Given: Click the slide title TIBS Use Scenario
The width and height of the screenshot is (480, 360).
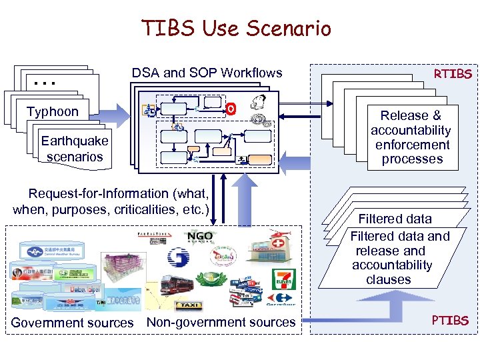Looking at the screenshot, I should click(x=236, y=29).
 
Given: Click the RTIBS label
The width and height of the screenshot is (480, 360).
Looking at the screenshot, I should click(x=453, y=73).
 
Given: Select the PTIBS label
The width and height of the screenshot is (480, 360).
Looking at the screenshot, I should click(x=450, y=321).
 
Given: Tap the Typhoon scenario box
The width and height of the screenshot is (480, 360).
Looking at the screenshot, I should click(x=53, y=112).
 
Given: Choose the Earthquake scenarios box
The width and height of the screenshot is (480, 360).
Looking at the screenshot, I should click(x=74, y=149).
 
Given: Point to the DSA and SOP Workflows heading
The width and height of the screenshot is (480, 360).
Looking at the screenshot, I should click(x=207, y=73).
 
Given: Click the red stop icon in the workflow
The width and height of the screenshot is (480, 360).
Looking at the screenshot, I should click(x=231, y=108).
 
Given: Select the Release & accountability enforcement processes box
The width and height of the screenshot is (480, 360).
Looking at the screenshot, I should click(x=411, y=137).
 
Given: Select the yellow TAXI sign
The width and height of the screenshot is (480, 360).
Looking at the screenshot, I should click(x=187, y=305).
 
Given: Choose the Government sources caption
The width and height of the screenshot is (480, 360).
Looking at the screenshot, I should click(x=72, y=323).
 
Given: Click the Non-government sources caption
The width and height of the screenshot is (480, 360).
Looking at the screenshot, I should click(x=221, y=322).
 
